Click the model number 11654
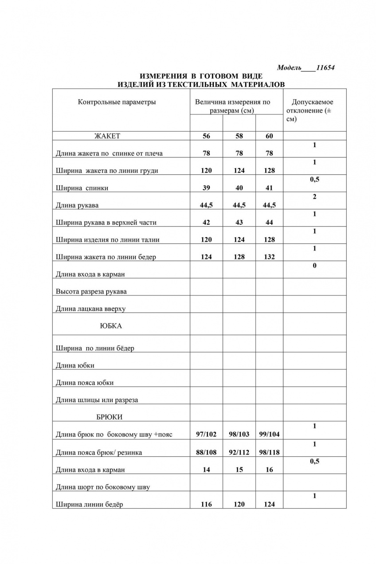click(x=325, y=68)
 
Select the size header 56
click(x=206, y=136)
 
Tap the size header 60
click(x=269, y=136)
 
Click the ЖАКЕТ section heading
click(x=107, y=136)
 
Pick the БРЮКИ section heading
click(x=109, y=417)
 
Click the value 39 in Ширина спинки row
click(x=206, y=188)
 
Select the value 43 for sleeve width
click(x=239, y=223)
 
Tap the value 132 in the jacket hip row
click(x=269, y=257)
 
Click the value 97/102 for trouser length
click(x=206, y=435)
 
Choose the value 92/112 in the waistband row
click(x=239, y=453)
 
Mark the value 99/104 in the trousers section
click(x=269, y=435)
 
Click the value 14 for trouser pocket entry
click(x=206, y=470)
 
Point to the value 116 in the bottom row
click(x=206, y=505)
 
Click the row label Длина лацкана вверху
click(x=94, y=309)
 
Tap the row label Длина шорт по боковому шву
click(x=103, y=487)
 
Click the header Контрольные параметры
click(x=117, y=102)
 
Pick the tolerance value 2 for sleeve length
click(x=314, y=197)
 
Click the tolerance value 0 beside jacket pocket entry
click(x=314, y=266)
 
